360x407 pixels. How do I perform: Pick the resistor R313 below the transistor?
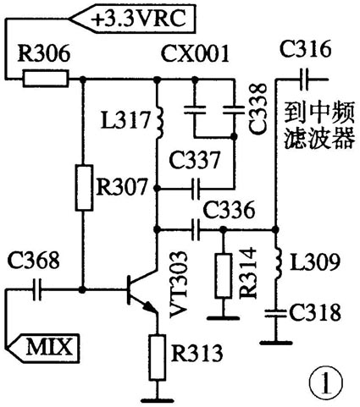click(x=155, y=355)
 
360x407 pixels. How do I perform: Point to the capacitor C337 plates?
click(x=197, y=188)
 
